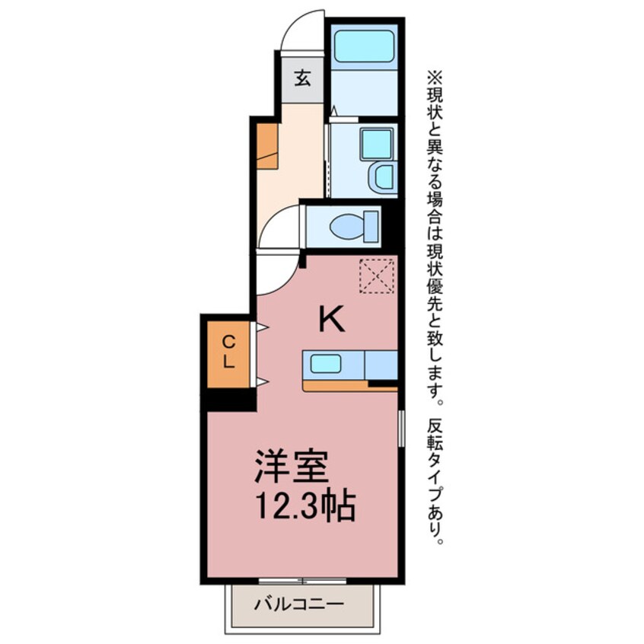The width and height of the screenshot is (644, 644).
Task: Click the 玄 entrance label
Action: coord(303,78)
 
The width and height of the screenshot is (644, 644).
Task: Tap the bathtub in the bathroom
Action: coord(365,46)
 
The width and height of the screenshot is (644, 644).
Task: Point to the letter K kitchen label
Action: coord(332,320)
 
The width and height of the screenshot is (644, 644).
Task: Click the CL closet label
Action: coord(228,353)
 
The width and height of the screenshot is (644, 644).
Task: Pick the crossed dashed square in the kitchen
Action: coord(377,276)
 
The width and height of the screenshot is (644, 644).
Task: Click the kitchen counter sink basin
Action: coord(326,364)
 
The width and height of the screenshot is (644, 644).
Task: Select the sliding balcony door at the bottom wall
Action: coord(303,581)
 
